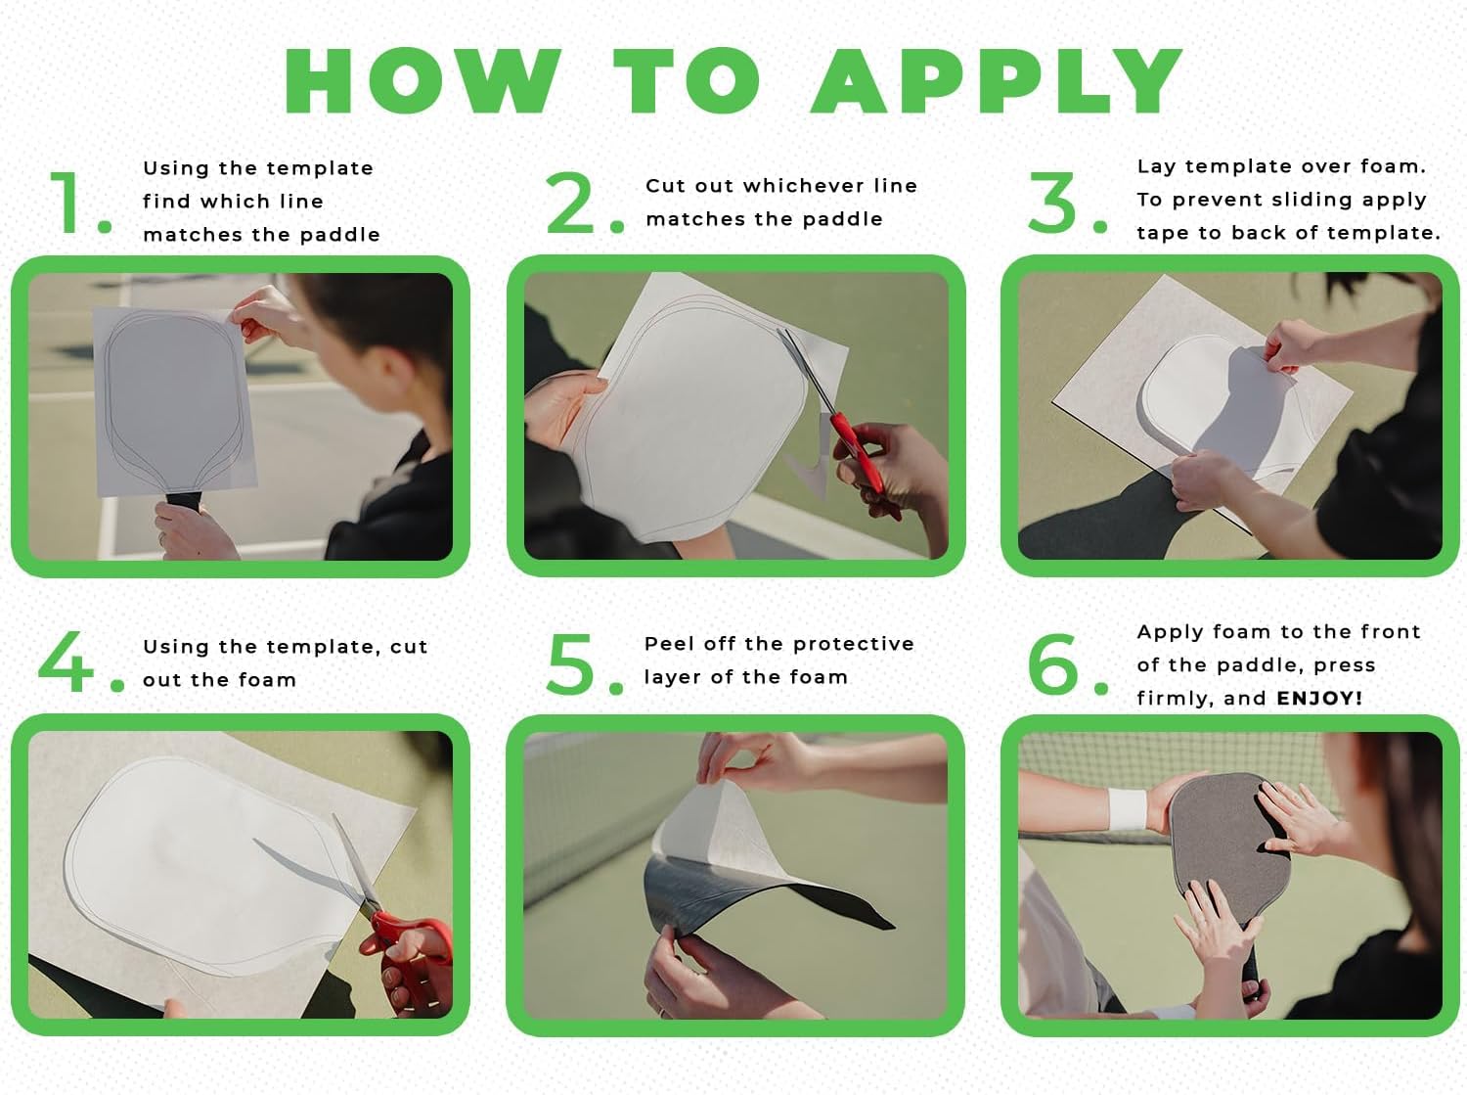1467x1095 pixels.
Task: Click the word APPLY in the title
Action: click(x=997, y=80)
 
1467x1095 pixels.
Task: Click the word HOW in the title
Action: click(x=422, y=80)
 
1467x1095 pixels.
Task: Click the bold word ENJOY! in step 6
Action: click(x=1319, y=699)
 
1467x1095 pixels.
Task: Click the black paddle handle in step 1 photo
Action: click(x=184, y=501)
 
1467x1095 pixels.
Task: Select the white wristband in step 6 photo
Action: click(x=1128, y=808)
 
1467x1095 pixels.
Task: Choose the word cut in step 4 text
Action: click(x=409, y=647)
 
